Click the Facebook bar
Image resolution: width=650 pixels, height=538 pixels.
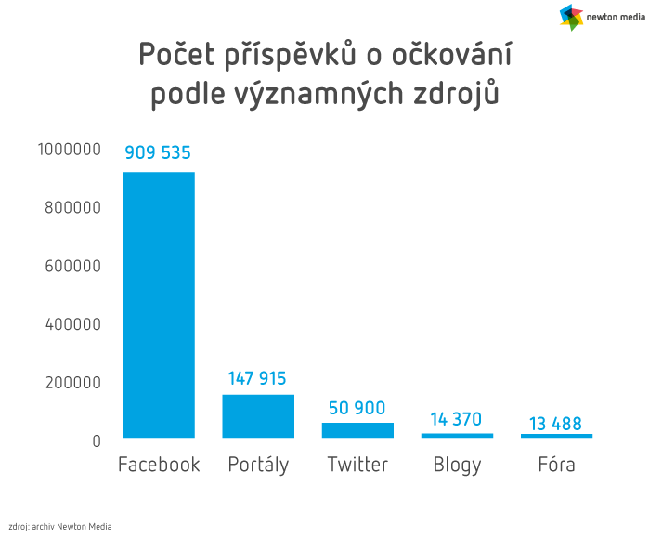coord(159,305)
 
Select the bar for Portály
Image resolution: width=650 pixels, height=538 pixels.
coord(258,416)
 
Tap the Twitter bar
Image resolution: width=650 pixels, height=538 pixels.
coord(357,430)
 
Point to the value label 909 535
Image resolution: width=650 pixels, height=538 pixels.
coord(158,153)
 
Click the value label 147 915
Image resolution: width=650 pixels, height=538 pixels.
coord(257,378)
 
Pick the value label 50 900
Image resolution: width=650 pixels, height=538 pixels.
coord(357,408)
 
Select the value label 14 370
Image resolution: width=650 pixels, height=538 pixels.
coord(456,419)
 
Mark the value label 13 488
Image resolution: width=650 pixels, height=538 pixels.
coord(556,424)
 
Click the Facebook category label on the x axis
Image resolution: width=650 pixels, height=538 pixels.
coord(159,465)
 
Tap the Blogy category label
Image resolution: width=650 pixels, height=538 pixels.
coord(457,466)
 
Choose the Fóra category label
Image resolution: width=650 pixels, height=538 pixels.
coord(556,465)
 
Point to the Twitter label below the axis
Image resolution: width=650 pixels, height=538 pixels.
coord(357,465)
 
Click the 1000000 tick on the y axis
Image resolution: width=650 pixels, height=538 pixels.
coord(69,150)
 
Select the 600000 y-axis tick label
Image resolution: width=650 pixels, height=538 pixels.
coord(72,266)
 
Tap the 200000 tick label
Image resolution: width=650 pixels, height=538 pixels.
coord(72,382)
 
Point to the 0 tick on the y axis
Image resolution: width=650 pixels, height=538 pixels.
coord(96,440)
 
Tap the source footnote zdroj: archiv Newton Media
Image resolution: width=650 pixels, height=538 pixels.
coord(59,526)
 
